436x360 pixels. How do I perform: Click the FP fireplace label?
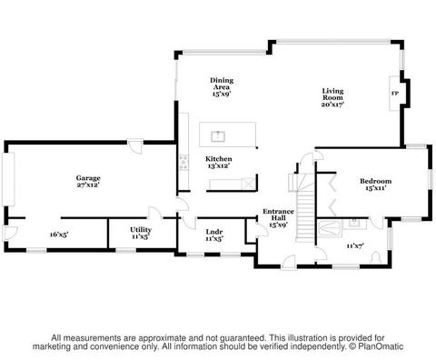(x=395, y=94)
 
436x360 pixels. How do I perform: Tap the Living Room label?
(x=332, y=95)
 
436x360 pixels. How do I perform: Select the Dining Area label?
(x=222, y=84)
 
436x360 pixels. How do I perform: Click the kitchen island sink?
(x=218, y=136)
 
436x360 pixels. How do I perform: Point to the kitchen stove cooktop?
(x=183, y=163)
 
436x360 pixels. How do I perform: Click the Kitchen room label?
(x=219, y=159)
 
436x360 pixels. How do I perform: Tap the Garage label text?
(x=88, y=178)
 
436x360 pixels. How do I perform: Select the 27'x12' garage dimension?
(x=88, y=185)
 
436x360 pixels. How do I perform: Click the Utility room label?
(x=141, y=229)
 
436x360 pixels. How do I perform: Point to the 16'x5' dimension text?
(x=59, y=235)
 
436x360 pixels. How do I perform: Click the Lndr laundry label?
(x=214, y=232)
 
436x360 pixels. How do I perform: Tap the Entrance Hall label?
(x=278, y=215)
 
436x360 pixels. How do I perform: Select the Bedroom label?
(x=375, y=181)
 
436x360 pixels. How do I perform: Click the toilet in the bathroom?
(x=376, y=257)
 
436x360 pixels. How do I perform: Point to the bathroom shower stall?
(x=330, y=228)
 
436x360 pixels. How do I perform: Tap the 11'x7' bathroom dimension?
(x=355, y=245)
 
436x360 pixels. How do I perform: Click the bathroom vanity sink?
(x=354, y=224)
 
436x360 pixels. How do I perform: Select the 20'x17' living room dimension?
(x=332, y=105)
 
